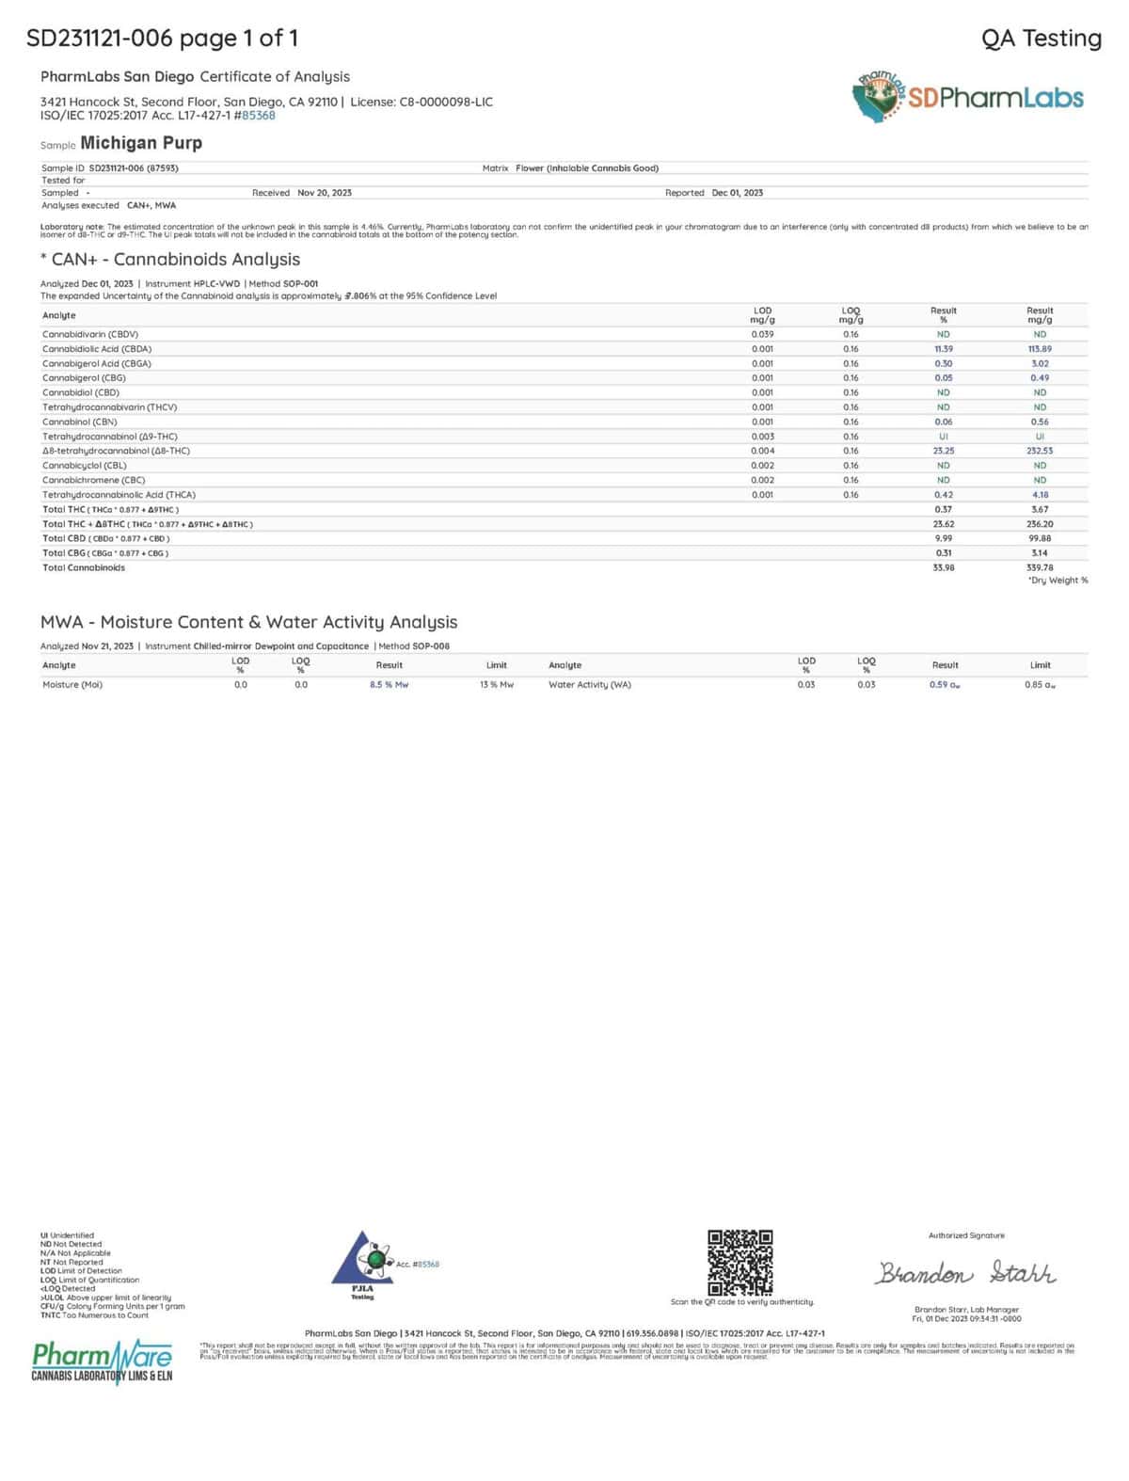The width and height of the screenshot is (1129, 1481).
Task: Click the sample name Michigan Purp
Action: (x=141, y=143)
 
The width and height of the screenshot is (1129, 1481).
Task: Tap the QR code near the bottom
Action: (x=740, y=1262)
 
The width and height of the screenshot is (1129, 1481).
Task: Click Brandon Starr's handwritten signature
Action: (x=965, y=1273)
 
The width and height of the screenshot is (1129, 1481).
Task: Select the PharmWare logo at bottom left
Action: (x=102, y=1361)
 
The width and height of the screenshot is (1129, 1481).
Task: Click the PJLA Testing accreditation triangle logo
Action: (x=362, y=1261)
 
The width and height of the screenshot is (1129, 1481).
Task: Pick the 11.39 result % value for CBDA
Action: (x=943, y=349)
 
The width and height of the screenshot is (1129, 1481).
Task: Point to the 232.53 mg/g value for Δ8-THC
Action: (x=1040, y=451)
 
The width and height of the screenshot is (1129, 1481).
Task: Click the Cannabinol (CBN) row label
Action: (x=80, y=422)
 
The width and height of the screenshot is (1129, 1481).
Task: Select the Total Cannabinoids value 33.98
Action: (x=943, y=567)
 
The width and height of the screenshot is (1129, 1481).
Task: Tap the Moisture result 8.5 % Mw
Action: (x=389, y=685)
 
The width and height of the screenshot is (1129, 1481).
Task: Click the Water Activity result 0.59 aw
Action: (x=945, y=685)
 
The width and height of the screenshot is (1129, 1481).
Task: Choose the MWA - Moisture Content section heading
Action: (x=248, y=622)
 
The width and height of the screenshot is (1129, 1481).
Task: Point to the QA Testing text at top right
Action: (x=1041, y=39)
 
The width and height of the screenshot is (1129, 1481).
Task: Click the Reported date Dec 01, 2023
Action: (x=737, y=193)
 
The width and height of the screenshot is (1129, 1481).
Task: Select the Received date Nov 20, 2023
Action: (x=325, y=193)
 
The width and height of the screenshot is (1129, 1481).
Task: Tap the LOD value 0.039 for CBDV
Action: (x=762, y=334)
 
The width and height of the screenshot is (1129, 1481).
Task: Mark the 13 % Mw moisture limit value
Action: (x=497, y=685)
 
